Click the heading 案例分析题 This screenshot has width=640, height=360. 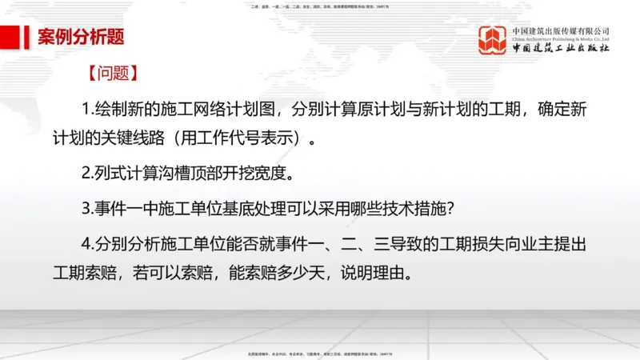(80, 37)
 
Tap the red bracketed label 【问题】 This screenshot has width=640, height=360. (114, 74)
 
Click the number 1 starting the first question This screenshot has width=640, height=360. (86, 109)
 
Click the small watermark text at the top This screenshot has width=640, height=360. (320, 6)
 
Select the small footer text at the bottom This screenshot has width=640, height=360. (320, 352)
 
